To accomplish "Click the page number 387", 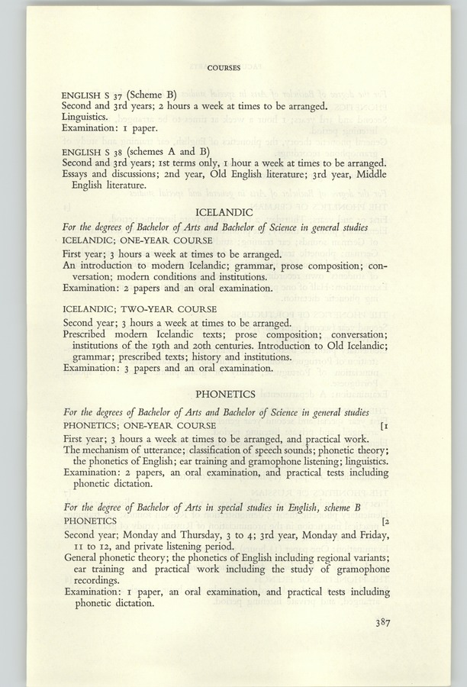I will [x=382, y=623].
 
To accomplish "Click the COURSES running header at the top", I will [x=224, y=68].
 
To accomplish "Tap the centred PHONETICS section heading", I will [x=225, y=395].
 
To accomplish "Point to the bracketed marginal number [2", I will [x=384, y=521].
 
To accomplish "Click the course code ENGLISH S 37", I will [x=88, y=94].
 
